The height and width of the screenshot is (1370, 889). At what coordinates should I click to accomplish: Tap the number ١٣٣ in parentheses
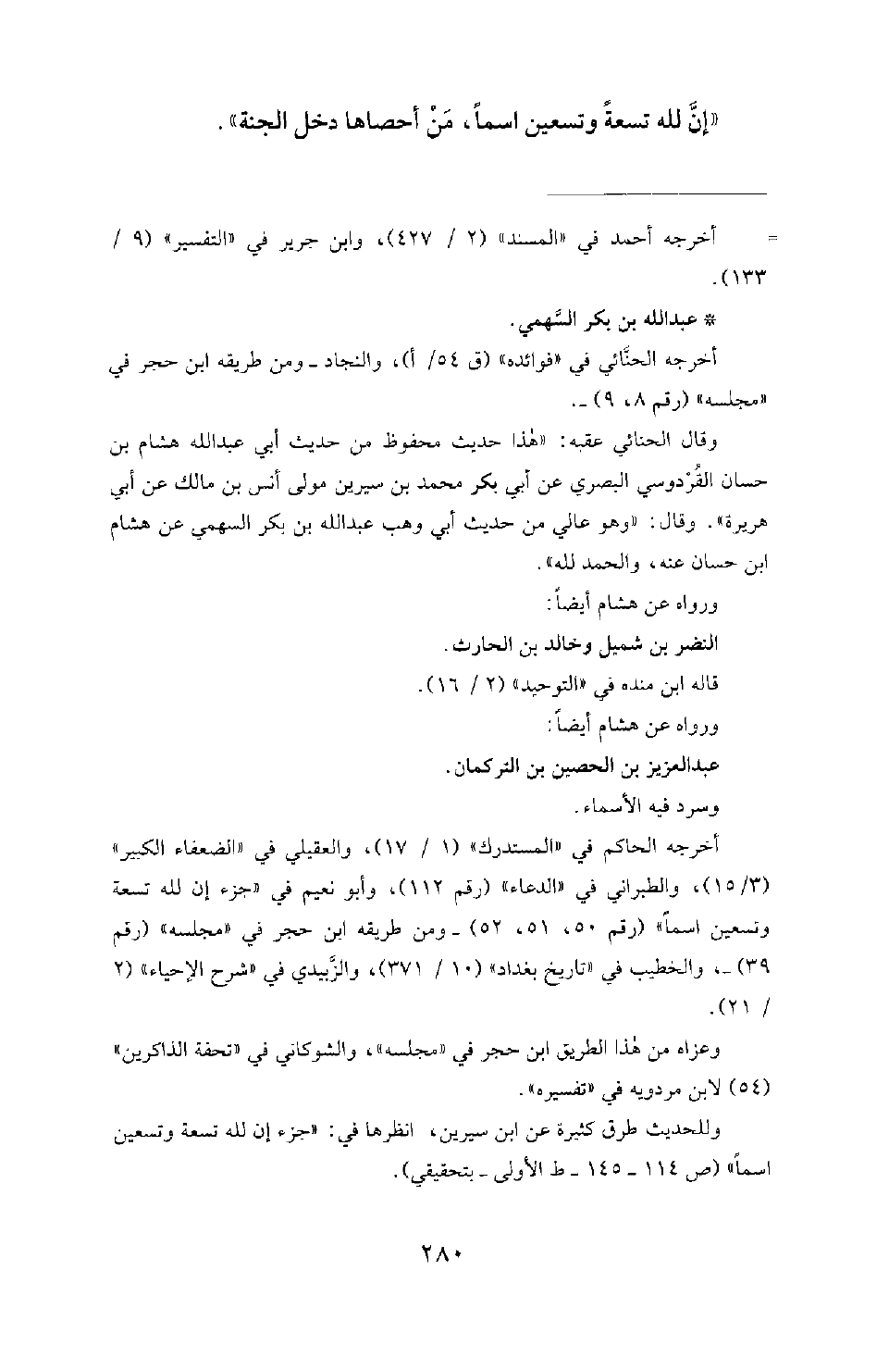(x=747, y=275)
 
